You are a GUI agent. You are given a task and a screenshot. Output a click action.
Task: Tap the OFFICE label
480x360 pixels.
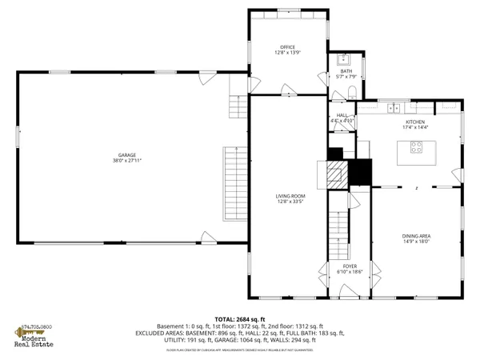point(287,47)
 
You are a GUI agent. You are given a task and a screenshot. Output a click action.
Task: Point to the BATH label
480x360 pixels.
point(346,71)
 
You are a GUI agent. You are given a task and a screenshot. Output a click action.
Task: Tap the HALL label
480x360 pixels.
point(342,115)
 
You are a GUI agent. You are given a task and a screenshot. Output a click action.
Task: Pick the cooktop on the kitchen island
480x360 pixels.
point(418,147)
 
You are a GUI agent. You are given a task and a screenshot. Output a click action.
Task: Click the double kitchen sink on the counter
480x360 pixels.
point(393,108)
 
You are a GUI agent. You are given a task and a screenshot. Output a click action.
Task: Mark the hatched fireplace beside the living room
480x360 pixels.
point(335,174)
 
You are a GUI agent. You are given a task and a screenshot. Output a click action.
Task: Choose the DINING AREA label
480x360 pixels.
point(415,236)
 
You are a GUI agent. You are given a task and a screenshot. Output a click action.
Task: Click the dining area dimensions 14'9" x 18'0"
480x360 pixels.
point(415,242)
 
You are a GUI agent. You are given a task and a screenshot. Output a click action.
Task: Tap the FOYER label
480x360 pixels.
point(350,266)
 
